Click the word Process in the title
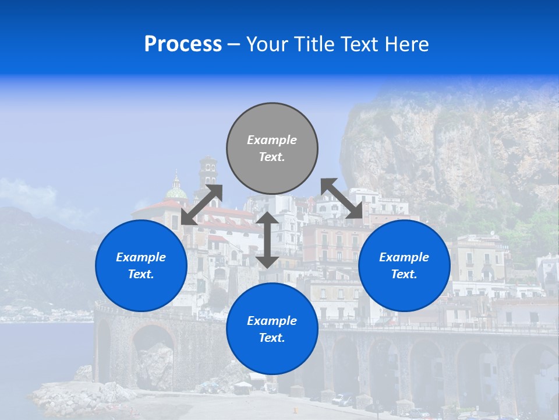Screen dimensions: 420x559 pyautogui.click(x=183, y=44)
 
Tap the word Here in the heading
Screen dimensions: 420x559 pyautogui.click(x=407, y=44)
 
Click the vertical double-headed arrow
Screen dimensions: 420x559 pyautogui.click(x=267, y=240)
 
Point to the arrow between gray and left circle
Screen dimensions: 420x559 pyautogui.click(x=201, y=204)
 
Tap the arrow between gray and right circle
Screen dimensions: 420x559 pyautogui.click(x=342, y=199)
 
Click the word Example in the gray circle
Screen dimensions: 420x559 pyautogui.click(x=272, y=140)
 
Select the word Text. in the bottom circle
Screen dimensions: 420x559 pyautogui.click(x=272, y=338)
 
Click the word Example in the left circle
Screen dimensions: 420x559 pyautogui.click(x=141, y=257)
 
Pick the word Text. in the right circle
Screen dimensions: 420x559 pyautogui.click(x=404, y=274)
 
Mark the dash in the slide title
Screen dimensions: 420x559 pyautogui.click(x=233, y=45)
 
